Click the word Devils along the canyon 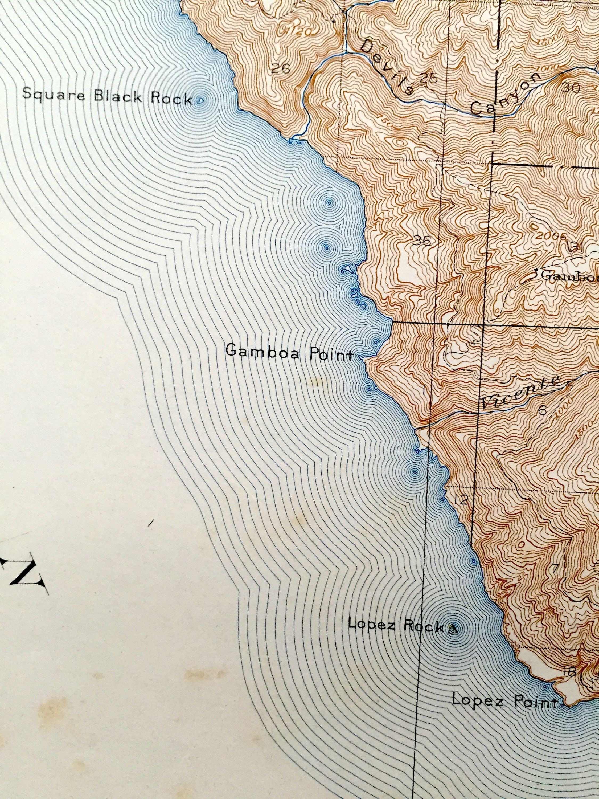[387, 67]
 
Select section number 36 [422, 240]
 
